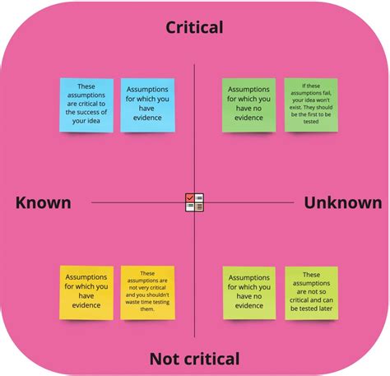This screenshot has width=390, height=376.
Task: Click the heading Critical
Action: coord(194,27)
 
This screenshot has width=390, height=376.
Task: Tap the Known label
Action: coord(44,202)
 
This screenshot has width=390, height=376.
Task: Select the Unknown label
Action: coord(343,202)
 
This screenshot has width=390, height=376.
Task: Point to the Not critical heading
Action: coord(194,359)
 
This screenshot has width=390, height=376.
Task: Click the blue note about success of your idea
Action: coord(86,105)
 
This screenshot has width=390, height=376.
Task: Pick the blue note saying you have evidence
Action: coord(147,105)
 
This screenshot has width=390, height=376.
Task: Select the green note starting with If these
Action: coord(311,105)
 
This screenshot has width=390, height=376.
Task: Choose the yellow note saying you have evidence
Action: coord(86,292)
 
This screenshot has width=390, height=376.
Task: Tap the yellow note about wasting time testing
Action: coord(147,292)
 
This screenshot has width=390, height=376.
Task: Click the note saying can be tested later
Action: coord(312,293)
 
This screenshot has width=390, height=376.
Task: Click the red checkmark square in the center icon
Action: coord(190,197)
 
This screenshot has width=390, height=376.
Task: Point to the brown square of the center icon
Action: coord(199,207)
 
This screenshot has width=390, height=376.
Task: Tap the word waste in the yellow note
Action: coord(132,302)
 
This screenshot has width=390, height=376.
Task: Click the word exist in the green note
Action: coord(295,107)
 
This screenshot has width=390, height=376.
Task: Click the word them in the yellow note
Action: coord(147,309)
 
